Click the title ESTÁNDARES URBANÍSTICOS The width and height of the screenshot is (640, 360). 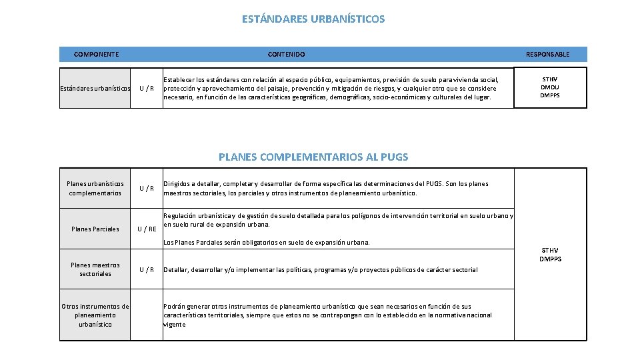313,19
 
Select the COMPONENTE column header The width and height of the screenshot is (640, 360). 96,54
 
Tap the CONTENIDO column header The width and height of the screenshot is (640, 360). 286,54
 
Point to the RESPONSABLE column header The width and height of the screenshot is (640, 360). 547,54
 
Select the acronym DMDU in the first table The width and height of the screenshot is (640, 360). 550,87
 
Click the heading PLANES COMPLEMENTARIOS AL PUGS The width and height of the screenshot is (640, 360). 313,157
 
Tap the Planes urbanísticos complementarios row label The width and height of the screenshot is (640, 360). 95,188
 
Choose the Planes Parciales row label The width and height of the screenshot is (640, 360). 95,229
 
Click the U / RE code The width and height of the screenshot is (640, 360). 147,229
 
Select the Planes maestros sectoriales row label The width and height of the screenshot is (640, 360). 95,269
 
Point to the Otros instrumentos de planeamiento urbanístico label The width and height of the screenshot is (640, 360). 95,315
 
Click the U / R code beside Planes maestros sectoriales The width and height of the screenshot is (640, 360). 146,269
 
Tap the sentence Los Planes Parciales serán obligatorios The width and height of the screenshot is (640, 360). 267,243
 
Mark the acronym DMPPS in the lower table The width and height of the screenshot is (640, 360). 551,259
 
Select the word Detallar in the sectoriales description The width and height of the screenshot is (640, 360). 176,269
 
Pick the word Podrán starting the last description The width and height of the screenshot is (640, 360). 175,306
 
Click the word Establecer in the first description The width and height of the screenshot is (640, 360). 180,79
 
